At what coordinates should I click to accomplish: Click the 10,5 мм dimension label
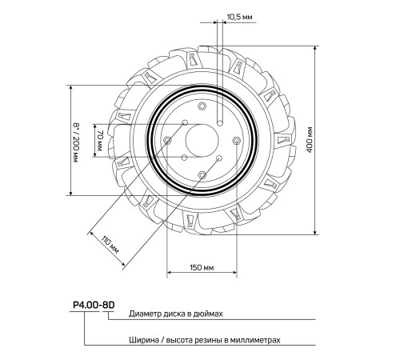point(239,17)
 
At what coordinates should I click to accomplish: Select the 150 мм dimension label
point(202,267)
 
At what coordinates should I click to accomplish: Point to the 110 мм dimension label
point(110,246)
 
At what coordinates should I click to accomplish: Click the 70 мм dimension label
point(99,141)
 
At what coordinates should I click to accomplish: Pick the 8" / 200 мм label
point(76,143)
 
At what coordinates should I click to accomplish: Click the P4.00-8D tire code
point(94,305)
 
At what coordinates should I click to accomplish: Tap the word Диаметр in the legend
point(144,314)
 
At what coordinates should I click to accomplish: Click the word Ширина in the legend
point(144,340)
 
